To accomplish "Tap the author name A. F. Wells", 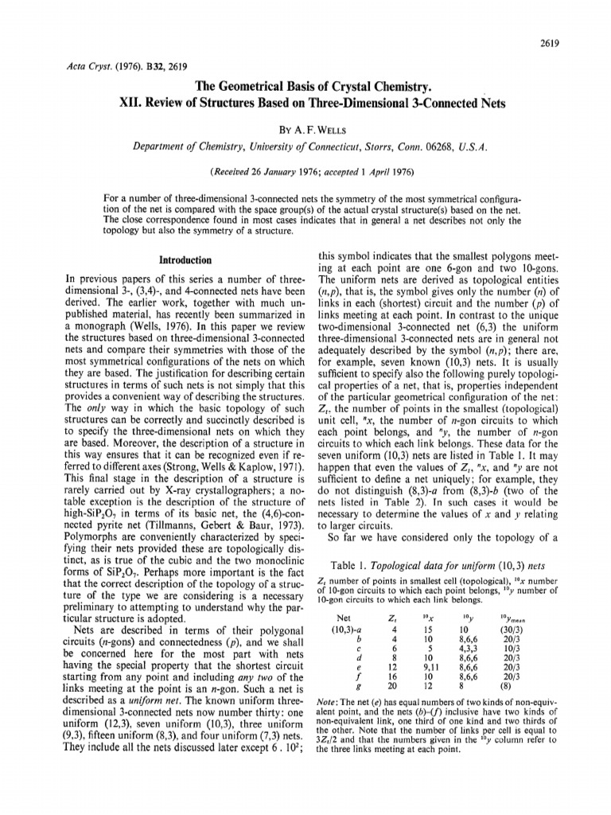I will point(320,126).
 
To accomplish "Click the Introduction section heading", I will point(185,260).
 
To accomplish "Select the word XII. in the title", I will point(136,103).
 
